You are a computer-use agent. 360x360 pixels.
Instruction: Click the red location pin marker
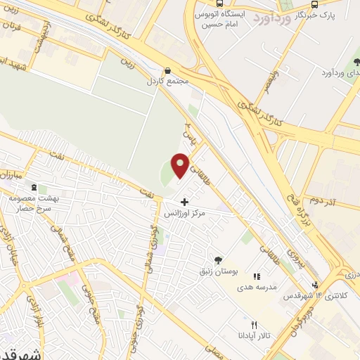tap(181, 165)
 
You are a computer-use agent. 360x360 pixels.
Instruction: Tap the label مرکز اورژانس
tap(184, 212)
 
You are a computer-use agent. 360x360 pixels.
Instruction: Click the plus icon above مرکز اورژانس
tap(185, 202)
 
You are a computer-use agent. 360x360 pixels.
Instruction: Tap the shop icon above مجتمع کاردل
tap(167, 70)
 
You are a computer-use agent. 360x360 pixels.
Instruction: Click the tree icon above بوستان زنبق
tap(218, 260)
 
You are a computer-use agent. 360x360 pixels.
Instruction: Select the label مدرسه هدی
tap(257, 287)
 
